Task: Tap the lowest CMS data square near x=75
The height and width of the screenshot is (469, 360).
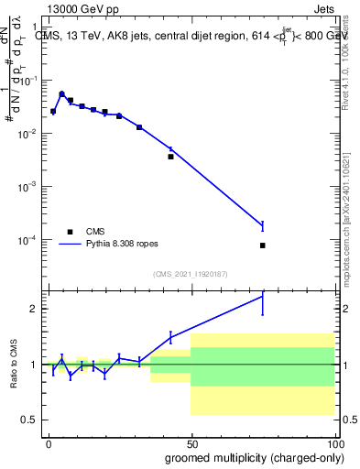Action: (263, 245)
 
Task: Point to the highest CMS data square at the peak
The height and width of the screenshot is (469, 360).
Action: (62, 94)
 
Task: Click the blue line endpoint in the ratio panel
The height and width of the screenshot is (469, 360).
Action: (263, 295)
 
